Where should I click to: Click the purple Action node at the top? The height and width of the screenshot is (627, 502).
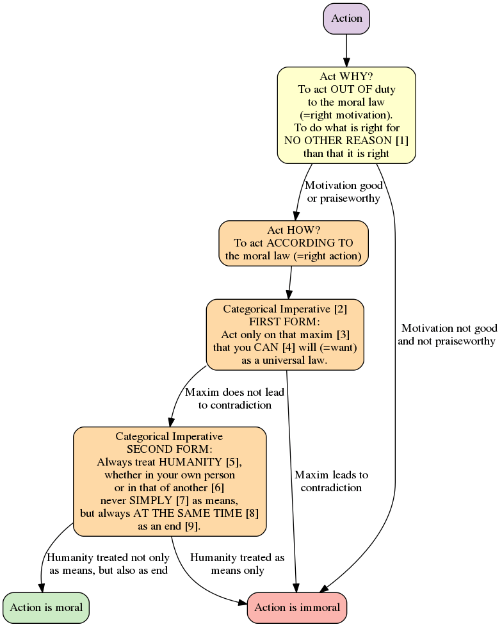click(x=346, y=19)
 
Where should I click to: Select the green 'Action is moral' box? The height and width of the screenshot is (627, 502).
click(x=46, y=607)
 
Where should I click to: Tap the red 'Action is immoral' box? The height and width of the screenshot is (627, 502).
click(x=297, y=607)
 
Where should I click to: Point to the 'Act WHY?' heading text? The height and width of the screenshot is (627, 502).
click(x=346, y=77)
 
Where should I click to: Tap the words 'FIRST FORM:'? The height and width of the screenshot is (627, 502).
click(x=284, y=322)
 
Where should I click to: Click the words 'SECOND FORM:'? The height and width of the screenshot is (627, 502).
click(x=170, y=449)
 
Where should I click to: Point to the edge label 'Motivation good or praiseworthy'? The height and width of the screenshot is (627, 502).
click(x=343, y=191)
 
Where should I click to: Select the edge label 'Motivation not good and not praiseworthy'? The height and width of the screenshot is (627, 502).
click(x=446, y=334)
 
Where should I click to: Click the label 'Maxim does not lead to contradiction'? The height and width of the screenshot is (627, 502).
click(x=234, y=398)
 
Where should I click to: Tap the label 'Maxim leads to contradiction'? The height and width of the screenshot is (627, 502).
click(x=331, y=481)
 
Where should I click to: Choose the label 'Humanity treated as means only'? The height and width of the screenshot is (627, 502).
click(x=237, y=564)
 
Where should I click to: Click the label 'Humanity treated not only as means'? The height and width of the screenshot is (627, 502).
click(x=108, y=564)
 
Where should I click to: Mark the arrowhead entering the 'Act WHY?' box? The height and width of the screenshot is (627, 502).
click(x=346, y=62)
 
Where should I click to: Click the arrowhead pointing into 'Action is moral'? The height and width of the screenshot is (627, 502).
click(x=43, y=587)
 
